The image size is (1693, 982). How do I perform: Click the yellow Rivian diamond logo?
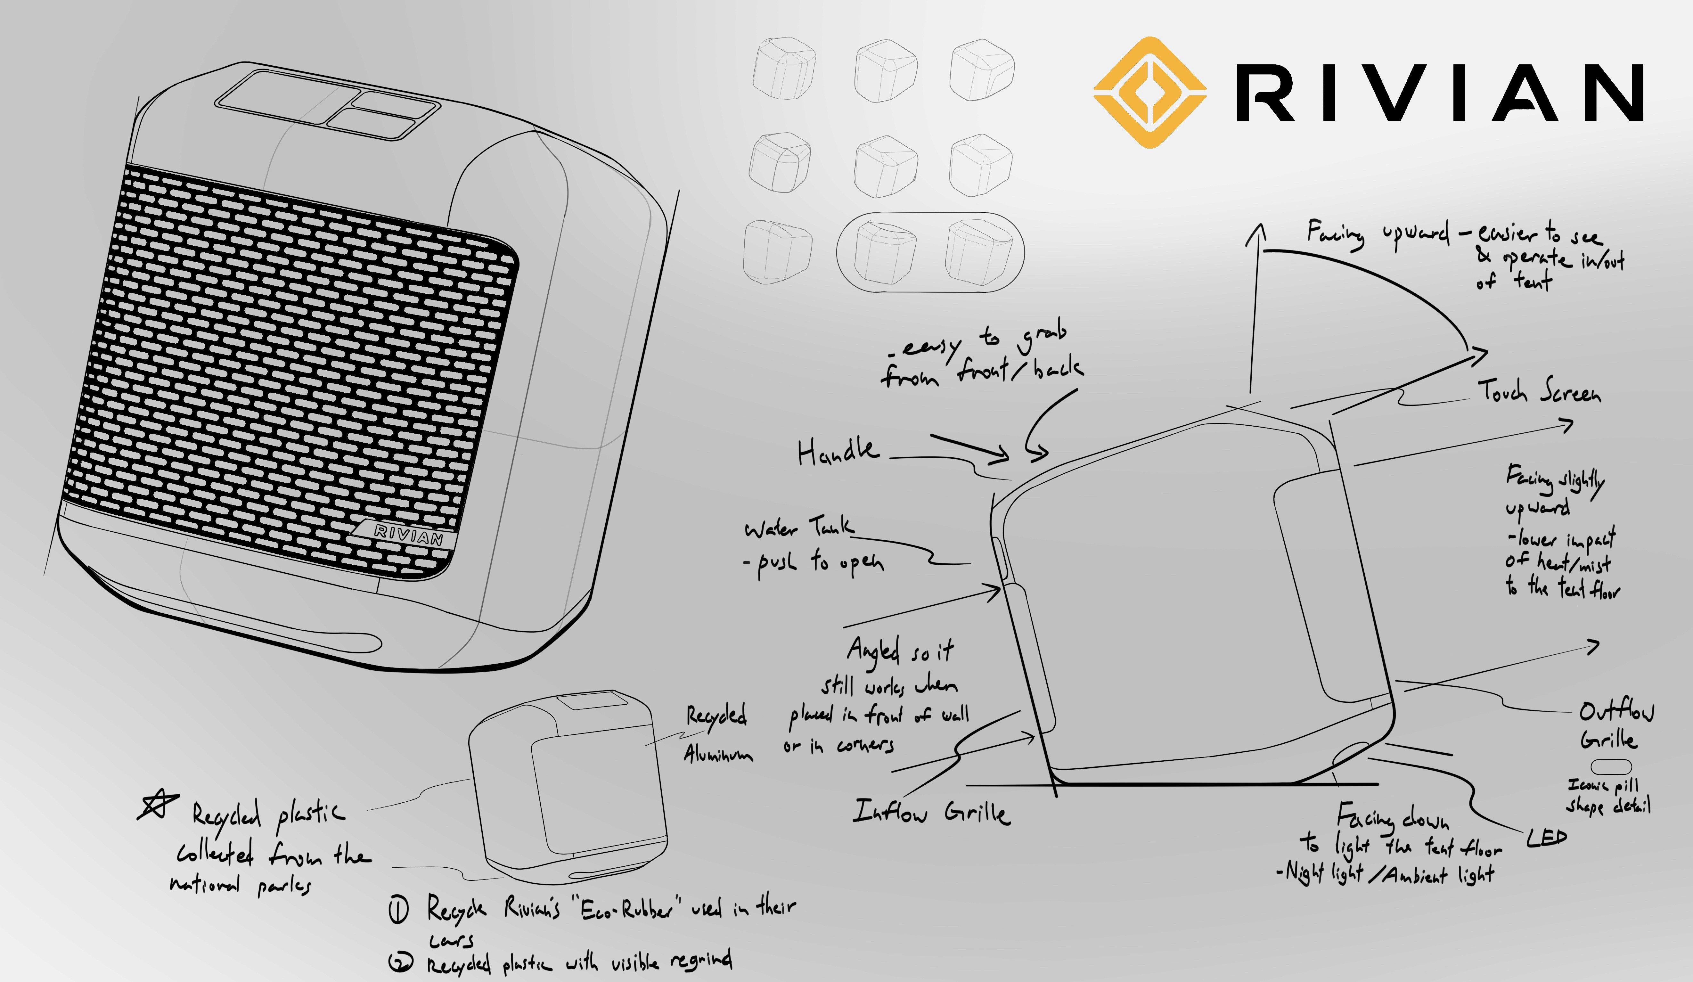tap(1149, 92)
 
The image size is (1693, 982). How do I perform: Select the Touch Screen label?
tap(1539, 391)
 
